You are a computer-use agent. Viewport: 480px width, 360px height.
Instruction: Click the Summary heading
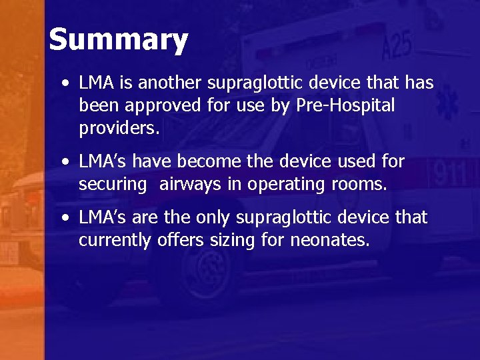[x=119, y=40]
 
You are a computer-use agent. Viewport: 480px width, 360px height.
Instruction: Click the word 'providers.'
[x=119, y=127]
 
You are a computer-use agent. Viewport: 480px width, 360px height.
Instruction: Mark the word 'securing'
[x=112, y=184]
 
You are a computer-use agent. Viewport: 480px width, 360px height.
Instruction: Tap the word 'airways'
[x=189, y=184]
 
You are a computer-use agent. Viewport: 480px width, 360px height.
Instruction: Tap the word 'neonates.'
[x=329, y=240]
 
